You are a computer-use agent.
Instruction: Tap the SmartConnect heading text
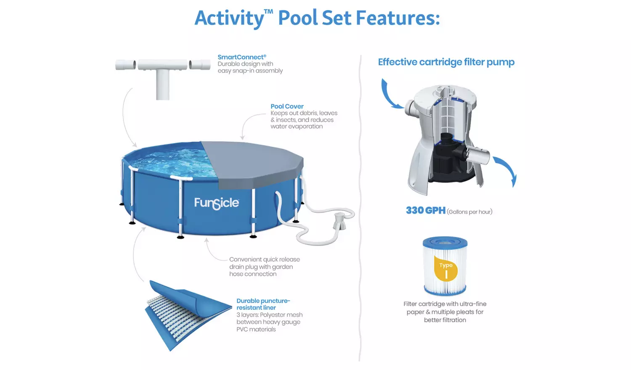click(242, 57)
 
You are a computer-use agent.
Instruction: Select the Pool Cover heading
click(287, 106)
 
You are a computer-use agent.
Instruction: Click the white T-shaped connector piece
click(162, 77)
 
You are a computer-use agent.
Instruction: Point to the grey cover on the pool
click(254, 163)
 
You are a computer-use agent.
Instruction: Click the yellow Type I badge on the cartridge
click(445, 269)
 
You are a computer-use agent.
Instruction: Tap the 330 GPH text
click(426, 211)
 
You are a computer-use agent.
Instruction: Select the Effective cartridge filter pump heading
click(446, 62)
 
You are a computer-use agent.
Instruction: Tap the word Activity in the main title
click(229, 18)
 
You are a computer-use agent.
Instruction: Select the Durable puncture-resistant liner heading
click(263, 304)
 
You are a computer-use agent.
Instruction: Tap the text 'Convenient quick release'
click(265, 259)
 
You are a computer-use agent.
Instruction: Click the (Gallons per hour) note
click(469, 212)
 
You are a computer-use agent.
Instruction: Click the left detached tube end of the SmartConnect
click(126, 65)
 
